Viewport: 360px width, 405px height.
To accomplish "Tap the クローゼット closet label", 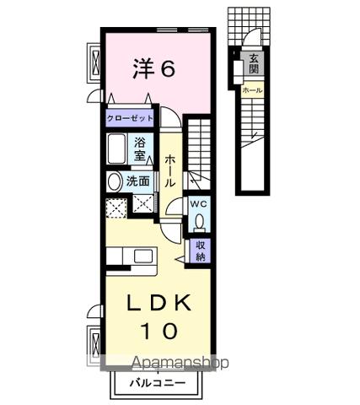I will (x=130, y=119).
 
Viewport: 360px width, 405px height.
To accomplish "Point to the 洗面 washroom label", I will (x=138, y=181).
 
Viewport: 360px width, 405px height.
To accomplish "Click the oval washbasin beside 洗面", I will (x=114, y=181).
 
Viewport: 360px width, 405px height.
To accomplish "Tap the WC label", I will (x=198, y=203).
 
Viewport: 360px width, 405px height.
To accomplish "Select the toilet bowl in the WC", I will (x=199, y=221).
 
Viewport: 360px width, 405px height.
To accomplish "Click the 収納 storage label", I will (x=201, y=251).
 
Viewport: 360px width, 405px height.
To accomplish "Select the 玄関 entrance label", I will (x=253, y=64).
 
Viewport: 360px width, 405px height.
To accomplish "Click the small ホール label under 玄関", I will (x=252, y=90).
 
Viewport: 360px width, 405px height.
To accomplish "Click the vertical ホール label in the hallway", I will (x=170, y=170).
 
